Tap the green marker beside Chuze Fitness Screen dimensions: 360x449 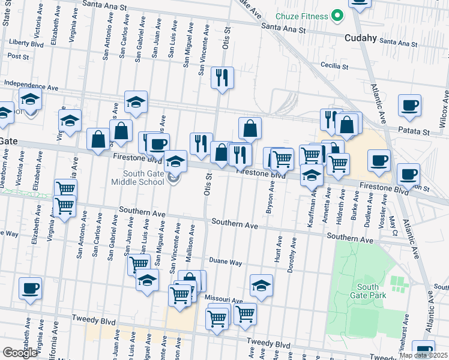(x=337, y=15)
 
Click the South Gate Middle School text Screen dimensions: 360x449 (x=140, y=178)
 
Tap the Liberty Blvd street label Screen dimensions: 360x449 (x=26, y=43)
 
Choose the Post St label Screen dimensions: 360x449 (x=19, y=56)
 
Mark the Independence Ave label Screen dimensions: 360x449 (x=31, y=85)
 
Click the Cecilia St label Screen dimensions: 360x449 (x=335, y=65)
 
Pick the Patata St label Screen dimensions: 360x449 (x=415, y=131)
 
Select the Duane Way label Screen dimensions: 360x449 (x=225, y=262)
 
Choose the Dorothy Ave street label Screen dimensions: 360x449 (x=292, y=256)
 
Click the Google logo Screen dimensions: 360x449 (x=20, y=353)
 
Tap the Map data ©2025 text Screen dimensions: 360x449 (x=424, y=355)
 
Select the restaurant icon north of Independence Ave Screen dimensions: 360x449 (x=222, y=78)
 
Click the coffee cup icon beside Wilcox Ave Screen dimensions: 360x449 (x=410, y=106)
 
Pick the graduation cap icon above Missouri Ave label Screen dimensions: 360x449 (x=261, y=286)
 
